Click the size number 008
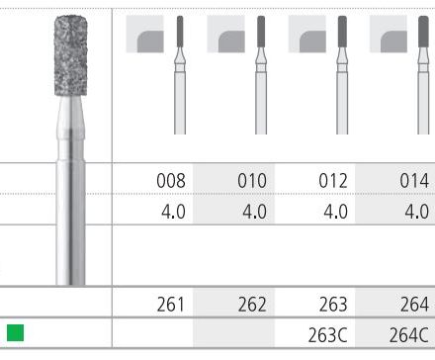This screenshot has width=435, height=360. click(171, 181)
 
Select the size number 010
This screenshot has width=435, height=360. click(252, 181)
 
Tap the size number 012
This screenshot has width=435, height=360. click(333, 181)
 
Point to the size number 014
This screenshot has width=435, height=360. click(414, 181)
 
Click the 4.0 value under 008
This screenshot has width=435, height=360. click(173, 212)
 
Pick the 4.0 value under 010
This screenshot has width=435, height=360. click(254, 212)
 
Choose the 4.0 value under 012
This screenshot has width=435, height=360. click(335, 212)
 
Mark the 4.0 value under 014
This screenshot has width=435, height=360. click(417, 212)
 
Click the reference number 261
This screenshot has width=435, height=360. click(171, 305)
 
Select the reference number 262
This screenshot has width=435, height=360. click(252, 305)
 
